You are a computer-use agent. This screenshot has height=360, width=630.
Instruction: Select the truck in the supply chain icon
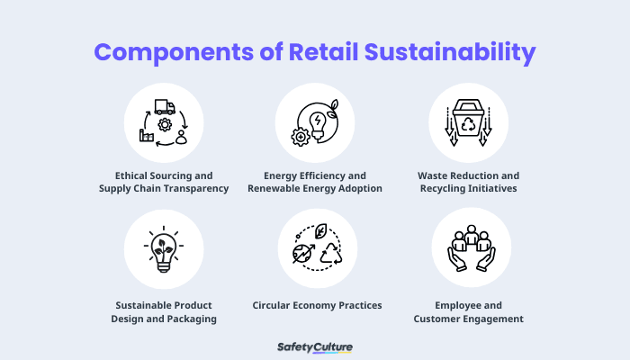[x=164, y=106]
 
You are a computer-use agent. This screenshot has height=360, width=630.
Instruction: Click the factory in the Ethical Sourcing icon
[x=145, y=136]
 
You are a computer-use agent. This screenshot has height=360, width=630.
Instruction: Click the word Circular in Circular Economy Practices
[x=274, y=305]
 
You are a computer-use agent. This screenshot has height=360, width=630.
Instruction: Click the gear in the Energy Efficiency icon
[x=301, y=137]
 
